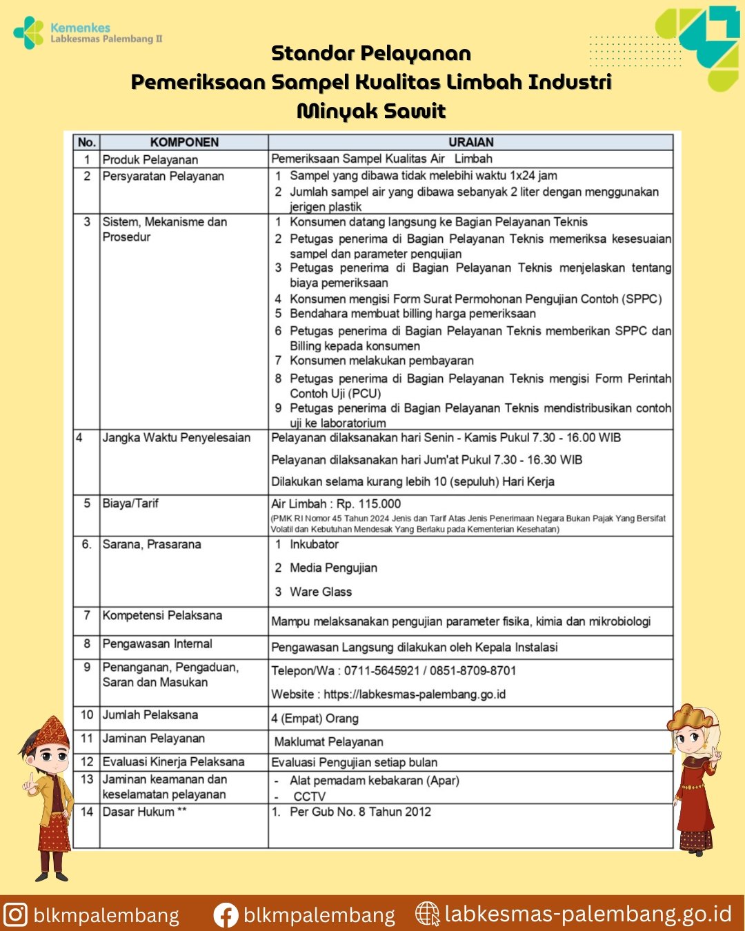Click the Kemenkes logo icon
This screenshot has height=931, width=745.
tap(28, 32)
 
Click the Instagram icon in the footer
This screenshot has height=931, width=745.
tap(15, 914)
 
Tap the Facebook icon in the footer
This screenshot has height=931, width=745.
tap(226, 915)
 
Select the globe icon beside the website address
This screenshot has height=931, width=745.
tap(428, 914)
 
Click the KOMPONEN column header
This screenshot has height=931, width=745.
tap(184, 143)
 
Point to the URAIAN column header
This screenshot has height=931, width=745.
tap(470, 143)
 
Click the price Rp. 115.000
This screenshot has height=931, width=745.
tap(368, 504)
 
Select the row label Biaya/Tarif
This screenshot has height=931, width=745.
tap(130, 503)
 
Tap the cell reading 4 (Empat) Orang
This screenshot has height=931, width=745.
tap(315, 719)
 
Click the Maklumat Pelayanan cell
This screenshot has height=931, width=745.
tap(328, 742)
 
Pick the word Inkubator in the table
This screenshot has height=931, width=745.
tap(314, 545)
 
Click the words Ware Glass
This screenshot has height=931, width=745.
tap(321, 592)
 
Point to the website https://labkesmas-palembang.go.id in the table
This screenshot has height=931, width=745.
tap(415, 694)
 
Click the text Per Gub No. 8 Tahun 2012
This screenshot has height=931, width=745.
tap(360, 812)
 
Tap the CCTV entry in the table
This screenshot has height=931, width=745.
tap(309, 797)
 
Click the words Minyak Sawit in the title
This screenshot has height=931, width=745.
tap(371, 111)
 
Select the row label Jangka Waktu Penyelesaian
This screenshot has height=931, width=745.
tap(176, 438)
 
